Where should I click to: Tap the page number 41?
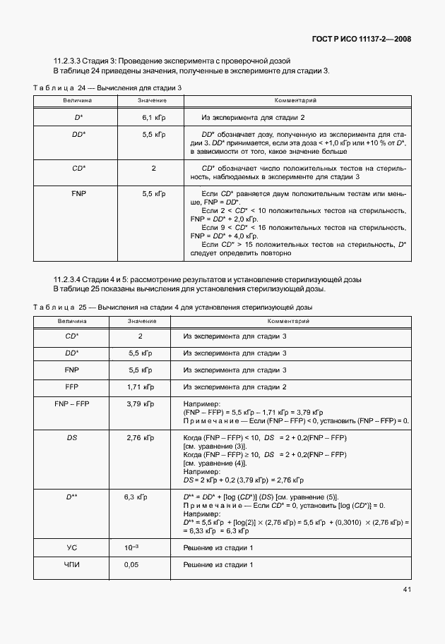click(x=408, y=589)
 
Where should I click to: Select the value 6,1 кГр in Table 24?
click(x=154, y=117)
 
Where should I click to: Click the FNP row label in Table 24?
click(x=78, y=193)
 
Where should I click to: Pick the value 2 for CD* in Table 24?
click(x=153, y=169)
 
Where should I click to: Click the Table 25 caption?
click(x=172, y=308)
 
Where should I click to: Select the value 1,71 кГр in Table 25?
click(x=139, y=387)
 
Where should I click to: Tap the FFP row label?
click(x=71, y=387)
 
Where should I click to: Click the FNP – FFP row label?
click(x=71, y=403)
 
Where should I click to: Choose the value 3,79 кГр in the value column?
click(x=139, y=403)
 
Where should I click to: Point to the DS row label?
click(x=71, y=438)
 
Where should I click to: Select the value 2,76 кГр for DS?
click(x=140, y=438)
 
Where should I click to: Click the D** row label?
click(x=71, y=497)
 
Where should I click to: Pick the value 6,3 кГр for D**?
click(x=138, y=497)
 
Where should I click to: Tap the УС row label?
click(x=71, y=548)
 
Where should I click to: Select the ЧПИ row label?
click(x=71, y=565)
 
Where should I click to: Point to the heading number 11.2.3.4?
click(x=70, y=280)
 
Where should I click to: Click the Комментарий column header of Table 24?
click(x=295, y=102)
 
